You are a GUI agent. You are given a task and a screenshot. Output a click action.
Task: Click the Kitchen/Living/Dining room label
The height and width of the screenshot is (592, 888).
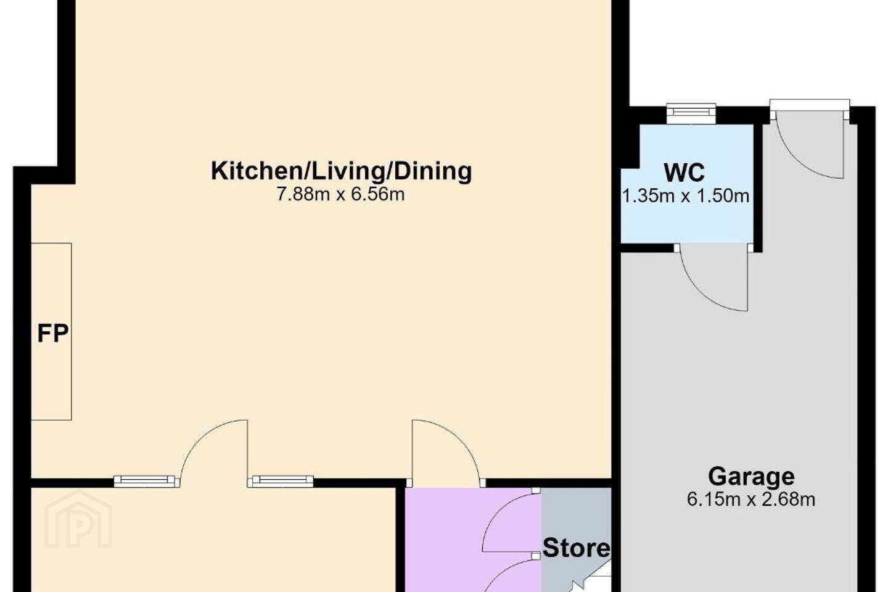[x=342, y=171]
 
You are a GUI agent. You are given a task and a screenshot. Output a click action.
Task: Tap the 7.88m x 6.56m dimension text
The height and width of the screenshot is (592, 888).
[x=340, y=195]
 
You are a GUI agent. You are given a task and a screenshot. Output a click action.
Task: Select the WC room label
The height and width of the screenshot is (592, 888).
[x=684, y=173]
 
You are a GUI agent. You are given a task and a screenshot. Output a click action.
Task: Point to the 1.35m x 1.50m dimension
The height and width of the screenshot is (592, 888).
[x=686, y=196]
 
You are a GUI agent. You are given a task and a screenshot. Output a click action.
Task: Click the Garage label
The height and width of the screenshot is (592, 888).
[x=751, y=477]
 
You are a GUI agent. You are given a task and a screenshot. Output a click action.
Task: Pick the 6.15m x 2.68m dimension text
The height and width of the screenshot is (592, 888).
[x=751, y=499]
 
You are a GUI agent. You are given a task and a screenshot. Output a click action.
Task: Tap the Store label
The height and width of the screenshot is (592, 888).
[x=576, y=548]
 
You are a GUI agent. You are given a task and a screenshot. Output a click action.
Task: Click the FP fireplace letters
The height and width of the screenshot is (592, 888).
[x=53, y=333]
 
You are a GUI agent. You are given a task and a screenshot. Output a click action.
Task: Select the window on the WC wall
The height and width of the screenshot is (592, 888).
[x=691, y=113]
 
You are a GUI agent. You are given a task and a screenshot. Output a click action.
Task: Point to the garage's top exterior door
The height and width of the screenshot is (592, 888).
[x=808, y=139]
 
